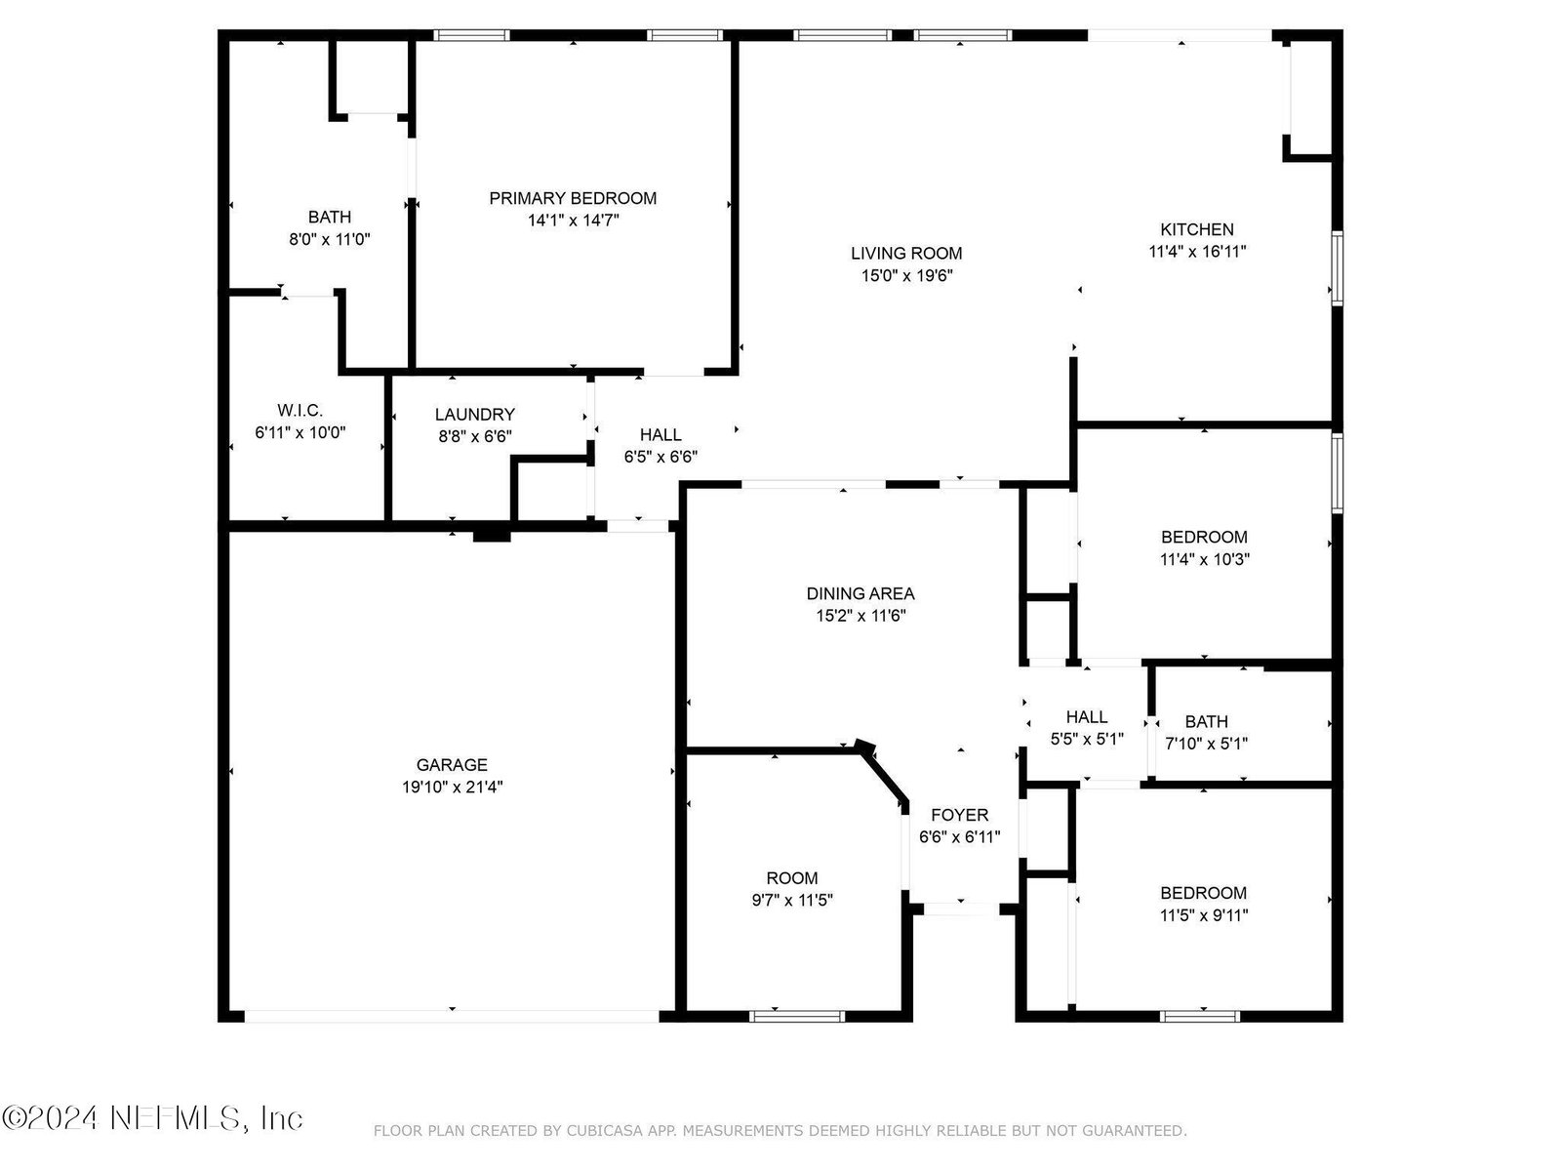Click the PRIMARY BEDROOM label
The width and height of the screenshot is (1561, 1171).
[573, 198]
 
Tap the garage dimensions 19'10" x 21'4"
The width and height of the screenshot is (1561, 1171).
[453, 787]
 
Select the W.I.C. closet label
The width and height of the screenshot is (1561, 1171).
[300, 410]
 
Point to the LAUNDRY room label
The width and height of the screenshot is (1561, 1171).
[475, 415]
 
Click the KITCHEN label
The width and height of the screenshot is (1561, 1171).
[1197, 229]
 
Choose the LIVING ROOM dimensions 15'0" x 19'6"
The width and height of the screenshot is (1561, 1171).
[906, 276]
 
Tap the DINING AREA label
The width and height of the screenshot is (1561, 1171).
[861, 593]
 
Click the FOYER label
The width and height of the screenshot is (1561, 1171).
[959, 815]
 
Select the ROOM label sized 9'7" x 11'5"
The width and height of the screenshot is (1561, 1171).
[792, 878]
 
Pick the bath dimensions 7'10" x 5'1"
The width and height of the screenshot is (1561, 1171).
[1206, 744]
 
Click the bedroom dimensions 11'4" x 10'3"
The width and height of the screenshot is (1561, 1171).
[1205, 559]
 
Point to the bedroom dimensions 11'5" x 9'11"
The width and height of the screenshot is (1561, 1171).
[1204, 915]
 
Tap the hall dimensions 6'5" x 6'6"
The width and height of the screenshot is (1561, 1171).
[660, 457]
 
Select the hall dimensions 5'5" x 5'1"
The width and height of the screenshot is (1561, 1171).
[1087, 740]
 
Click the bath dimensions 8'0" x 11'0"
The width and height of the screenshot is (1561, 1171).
[329, 240]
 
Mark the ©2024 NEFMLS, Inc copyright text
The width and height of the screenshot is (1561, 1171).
[152, 1118]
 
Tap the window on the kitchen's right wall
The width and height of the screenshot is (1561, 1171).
[1337, 268]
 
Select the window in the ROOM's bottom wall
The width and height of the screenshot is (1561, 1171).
[797, 1016]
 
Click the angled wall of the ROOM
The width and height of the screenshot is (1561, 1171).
[883, 775]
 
